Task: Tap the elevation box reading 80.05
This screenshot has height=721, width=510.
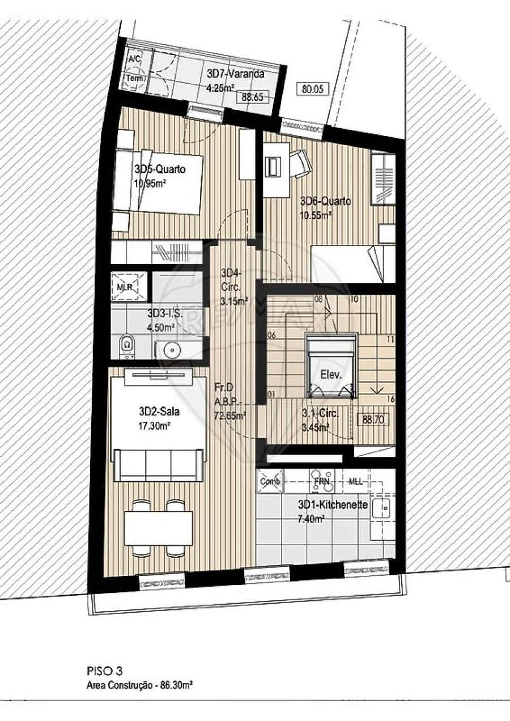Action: pos(312,88)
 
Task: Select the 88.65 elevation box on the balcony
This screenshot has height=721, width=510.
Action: pos(252,97)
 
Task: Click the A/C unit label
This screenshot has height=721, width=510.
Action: pos(134,59)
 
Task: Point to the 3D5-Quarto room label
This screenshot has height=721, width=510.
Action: pos(160,168)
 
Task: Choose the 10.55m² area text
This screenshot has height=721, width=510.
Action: pos(316,215)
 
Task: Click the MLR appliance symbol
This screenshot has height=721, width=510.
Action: pos(125,286)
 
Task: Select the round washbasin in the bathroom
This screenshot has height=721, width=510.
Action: pos(172,350)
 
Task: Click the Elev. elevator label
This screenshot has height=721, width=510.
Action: pos(331,374)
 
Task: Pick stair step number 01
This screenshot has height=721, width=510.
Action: pos(271,395)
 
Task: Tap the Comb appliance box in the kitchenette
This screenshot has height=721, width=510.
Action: pos(270,481)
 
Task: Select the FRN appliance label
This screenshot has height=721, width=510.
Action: pos(322,481)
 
